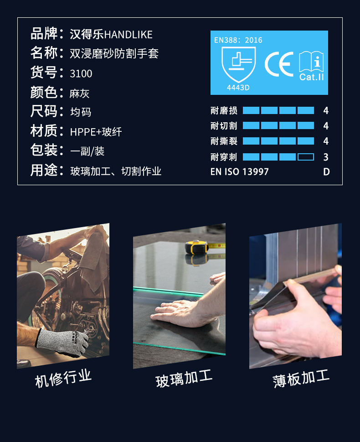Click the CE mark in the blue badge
[x=279, y=64]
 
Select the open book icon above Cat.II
[x=311, y=62]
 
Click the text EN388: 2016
[x=238, y=40]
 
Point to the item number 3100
[x=81, y=73]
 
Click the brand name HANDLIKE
[x=128, y=35]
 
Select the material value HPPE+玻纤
[x=96, y=132]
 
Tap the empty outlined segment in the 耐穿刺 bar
[x=306, y=157]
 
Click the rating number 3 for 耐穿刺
[x=326, y=157]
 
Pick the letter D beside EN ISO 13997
[x=326, y=172]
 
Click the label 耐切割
[x=224, y=126]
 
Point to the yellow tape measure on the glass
[x=196, y=247]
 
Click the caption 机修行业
[x=63, y=378]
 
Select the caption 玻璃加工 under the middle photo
[x=184, y=379]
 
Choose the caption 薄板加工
[x=301, y=379]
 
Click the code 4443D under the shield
[x=238, y=88]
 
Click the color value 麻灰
[x=79, y=94]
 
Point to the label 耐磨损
[x=224, y=110]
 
